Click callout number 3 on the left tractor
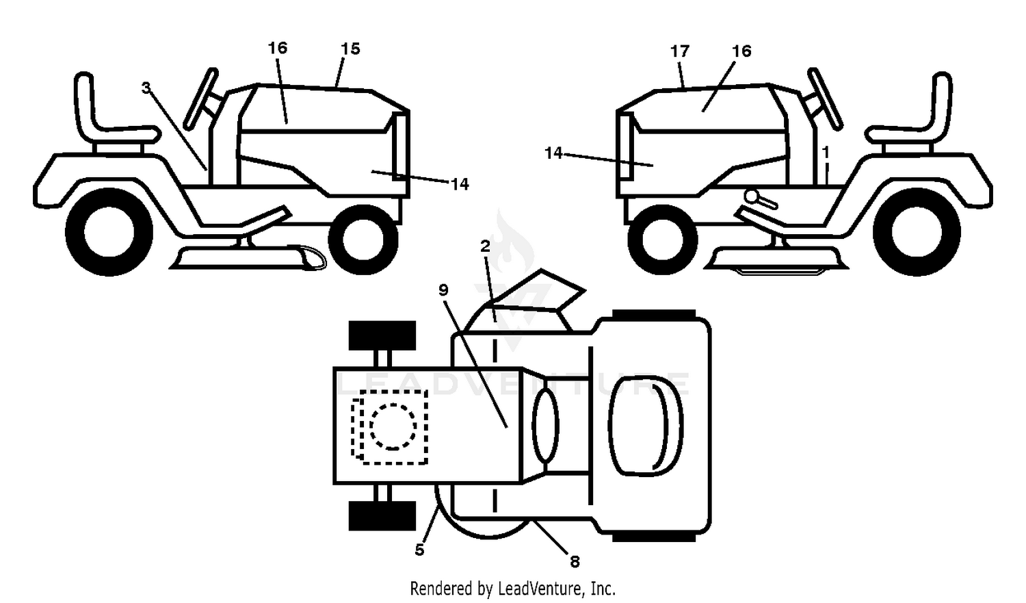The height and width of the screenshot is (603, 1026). [146, 87]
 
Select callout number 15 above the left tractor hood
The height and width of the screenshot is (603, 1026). [350, 49]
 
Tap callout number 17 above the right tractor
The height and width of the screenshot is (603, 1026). [680, 51]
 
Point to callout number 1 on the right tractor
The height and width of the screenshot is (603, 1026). [826, 152]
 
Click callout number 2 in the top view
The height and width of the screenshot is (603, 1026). [486, 246]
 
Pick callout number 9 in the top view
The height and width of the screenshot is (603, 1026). [443, 290]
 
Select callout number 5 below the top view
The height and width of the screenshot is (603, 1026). [419, 550]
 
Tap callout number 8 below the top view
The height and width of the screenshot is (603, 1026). [575, 561]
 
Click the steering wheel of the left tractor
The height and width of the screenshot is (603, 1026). [200, 99]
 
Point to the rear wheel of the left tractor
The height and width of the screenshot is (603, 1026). [109, 232]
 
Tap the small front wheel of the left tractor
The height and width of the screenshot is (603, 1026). [363, 240]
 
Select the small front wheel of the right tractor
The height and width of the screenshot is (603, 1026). [663, 240]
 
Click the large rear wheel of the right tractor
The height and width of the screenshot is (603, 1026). [917, 232]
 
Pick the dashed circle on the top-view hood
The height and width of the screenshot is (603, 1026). [393, 426]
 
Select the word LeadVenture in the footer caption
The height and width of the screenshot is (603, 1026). [540, 589]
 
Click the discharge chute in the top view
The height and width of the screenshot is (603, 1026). [536, 293]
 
